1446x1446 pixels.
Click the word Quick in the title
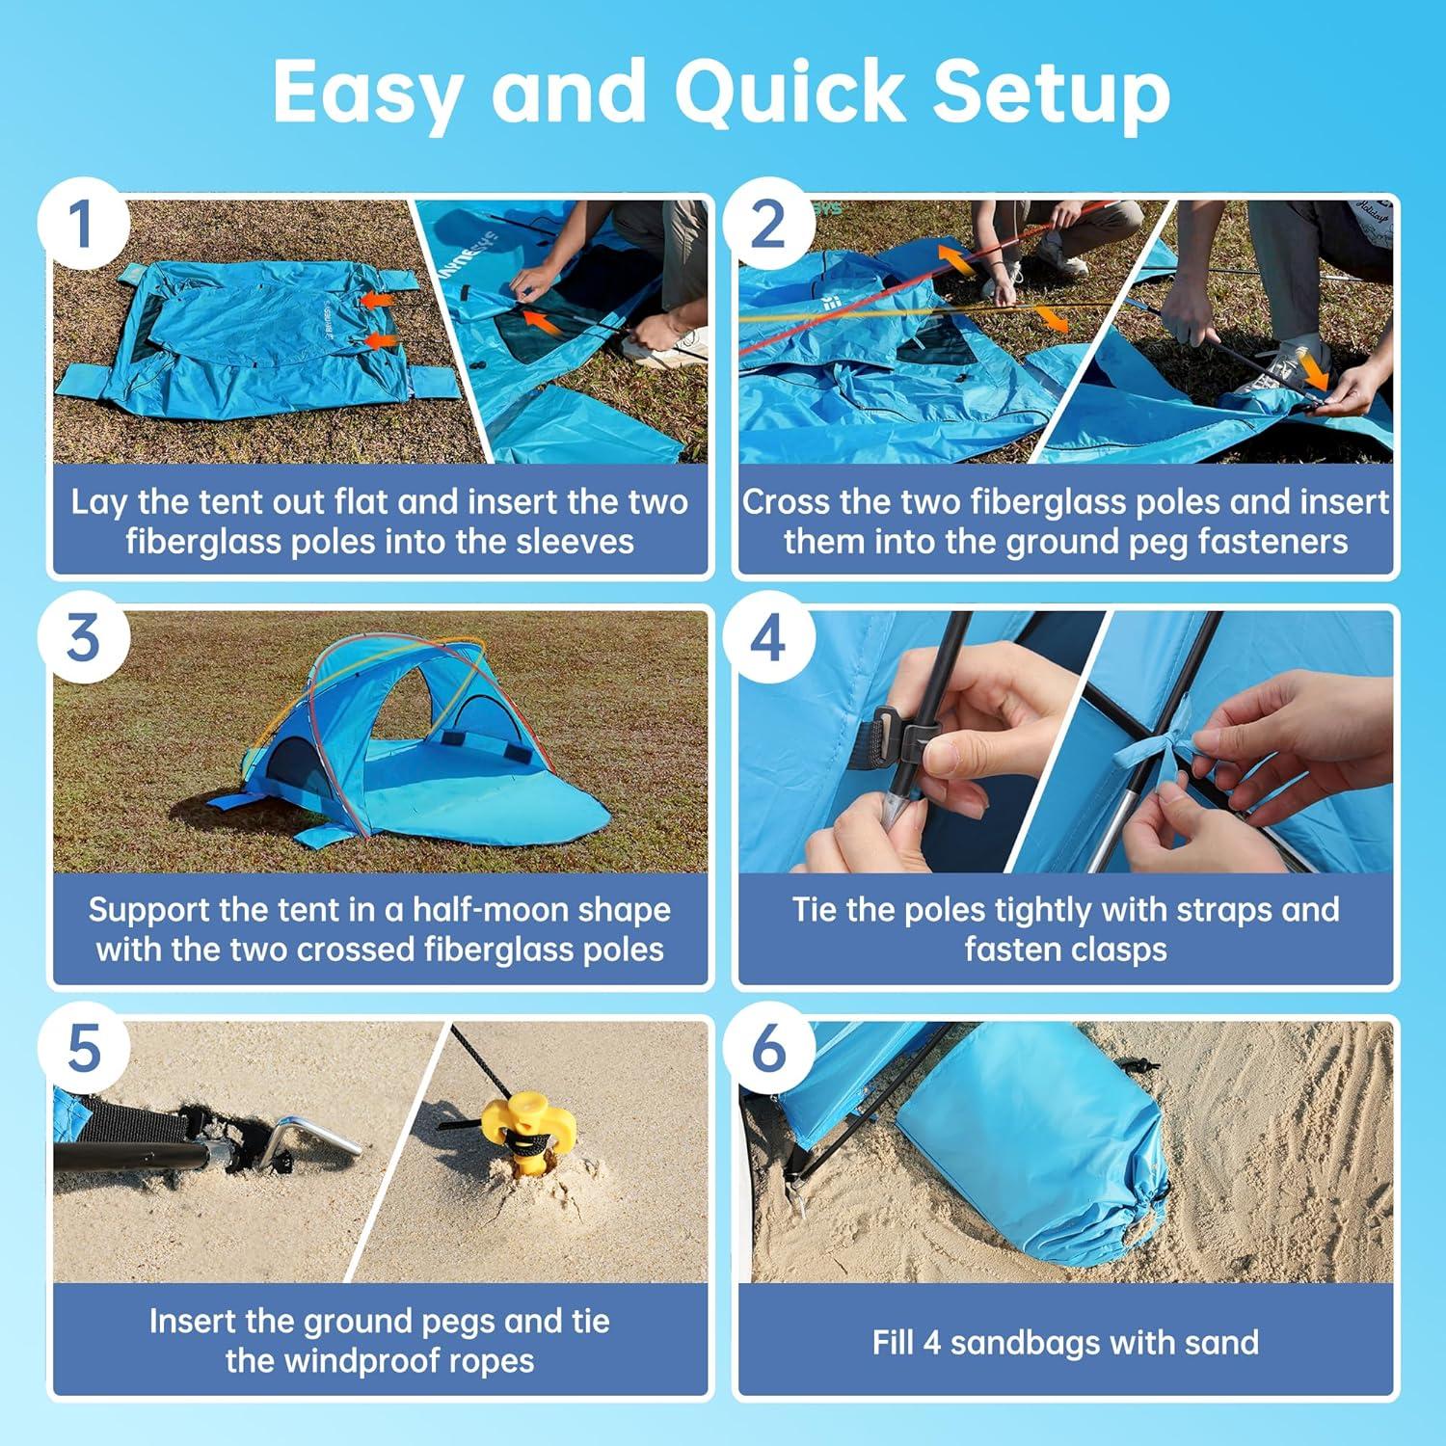[x=789, y=93]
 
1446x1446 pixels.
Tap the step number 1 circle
[x=83, y=225]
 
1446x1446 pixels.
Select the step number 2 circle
[x=768, y=225]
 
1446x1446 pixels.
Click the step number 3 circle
[x=83, y=637]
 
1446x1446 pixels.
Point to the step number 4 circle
[x=768, y=637]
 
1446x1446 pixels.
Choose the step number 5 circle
[x=83, y=1048]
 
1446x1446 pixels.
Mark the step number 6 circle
[x=768, y=1048]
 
